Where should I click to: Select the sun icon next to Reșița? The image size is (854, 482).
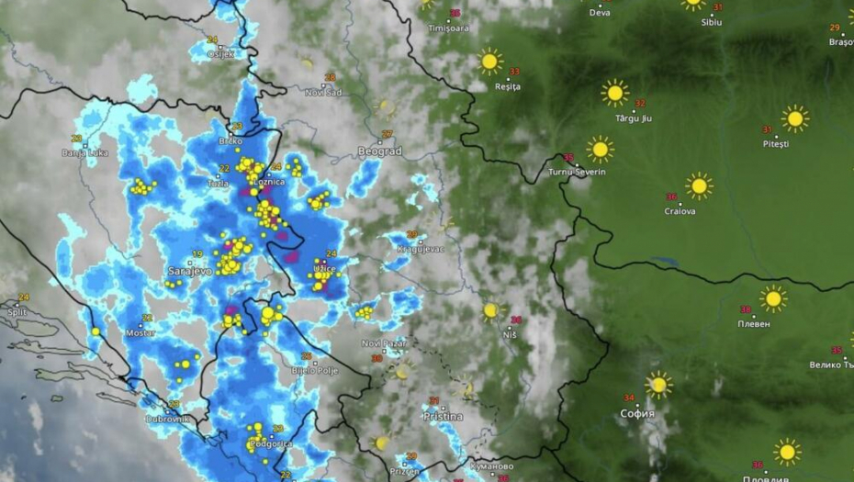coord(490,62)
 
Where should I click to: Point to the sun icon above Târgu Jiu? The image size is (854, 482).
coord(614,93)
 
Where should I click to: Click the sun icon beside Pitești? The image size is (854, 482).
coord(795,118)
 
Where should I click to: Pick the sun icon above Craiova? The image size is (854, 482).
coord(699,186)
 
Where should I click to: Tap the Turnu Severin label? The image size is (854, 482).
coord(577,172)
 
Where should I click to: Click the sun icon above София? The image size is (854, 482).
coord(657,385)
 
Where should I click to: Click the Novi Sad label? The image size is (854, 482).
coord(323,92)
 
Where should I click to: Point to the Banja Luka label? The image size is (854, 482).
coord(84,153)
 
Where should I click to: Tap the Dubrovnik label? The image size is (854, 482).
coord(168,419)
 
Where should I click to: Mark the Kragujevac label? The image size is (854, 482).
coord(421,249)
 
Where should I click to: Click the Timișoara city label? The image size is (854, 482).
coord(449,28)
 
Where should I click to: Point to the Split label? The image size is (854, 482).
coord(17,312)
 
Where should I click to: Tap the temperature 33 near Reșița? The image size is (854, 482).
coord(514,72)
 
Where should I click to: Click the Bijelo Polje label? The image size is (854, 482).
coord(313,370)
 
